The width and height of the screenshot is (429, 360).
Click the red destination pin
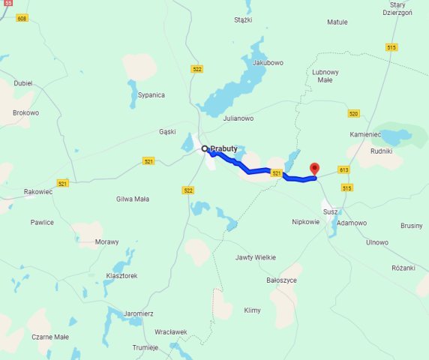coord(314,169)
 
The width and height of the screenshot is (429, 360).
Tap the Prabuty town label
coord(223,148)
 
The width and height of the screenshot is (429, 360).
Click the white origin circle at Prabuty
coord(204,148)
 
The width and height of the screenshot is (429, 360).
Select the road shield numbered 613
coord(344,169)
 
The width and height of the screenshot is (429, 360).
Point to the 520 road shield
coord(354,113)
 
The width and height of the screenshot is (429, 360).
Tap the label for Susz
coord(331,212)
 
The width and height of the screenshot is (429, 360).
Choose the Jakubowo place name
coord(268,62)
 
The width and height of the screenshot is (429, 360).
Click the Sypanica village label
coord(151,95)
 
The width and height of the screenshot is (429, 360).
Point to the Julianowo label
coord(238,118)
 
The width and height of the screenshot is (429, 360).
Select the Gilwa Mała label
coord(133,199)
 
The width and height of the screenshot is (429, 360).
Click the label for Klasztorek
coord(121,276)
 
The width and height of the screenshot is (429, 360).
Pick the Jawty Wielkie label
coord(256,257)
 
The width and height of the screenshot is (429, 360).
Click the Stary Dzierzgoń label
coord(397,8)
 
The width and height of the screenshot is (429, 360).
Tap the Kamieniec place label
coord(366,133)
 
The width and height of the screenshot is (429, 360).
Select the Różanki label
coord(403,268)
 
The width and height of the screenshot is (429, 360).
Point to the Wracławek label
coord(170,331)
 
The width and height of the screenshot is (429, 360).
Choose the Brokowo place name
coord(25,113)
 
